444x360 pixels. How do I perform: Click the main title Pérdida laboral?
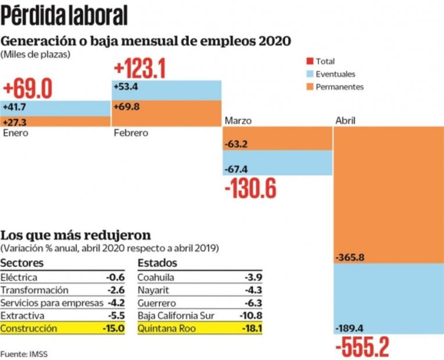click(x=65, y=16)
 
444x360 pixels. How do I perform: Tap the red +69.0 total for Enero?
click(x=28, y=89)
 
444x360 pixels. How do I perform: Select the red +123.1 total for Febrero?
click(x=140, y=69)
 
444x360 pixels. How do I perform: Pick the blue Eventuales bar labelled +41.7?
click(x=56, y=107)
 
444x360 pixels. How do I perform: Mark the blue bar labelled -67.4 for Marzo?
click(x=278, y=164)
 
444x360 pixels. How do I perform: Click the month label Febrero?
click(x=131, y=133)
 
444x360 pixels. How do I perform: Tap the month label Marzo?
click(x=238, y=120)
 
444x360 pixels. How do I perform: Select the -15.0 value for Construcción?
click(x=114, y=328)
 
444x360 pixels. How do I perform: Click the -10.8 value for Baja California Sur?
click(x=251, y=315)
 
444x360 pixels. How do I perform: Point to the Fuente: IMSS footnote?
click(x=22, y=353)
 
